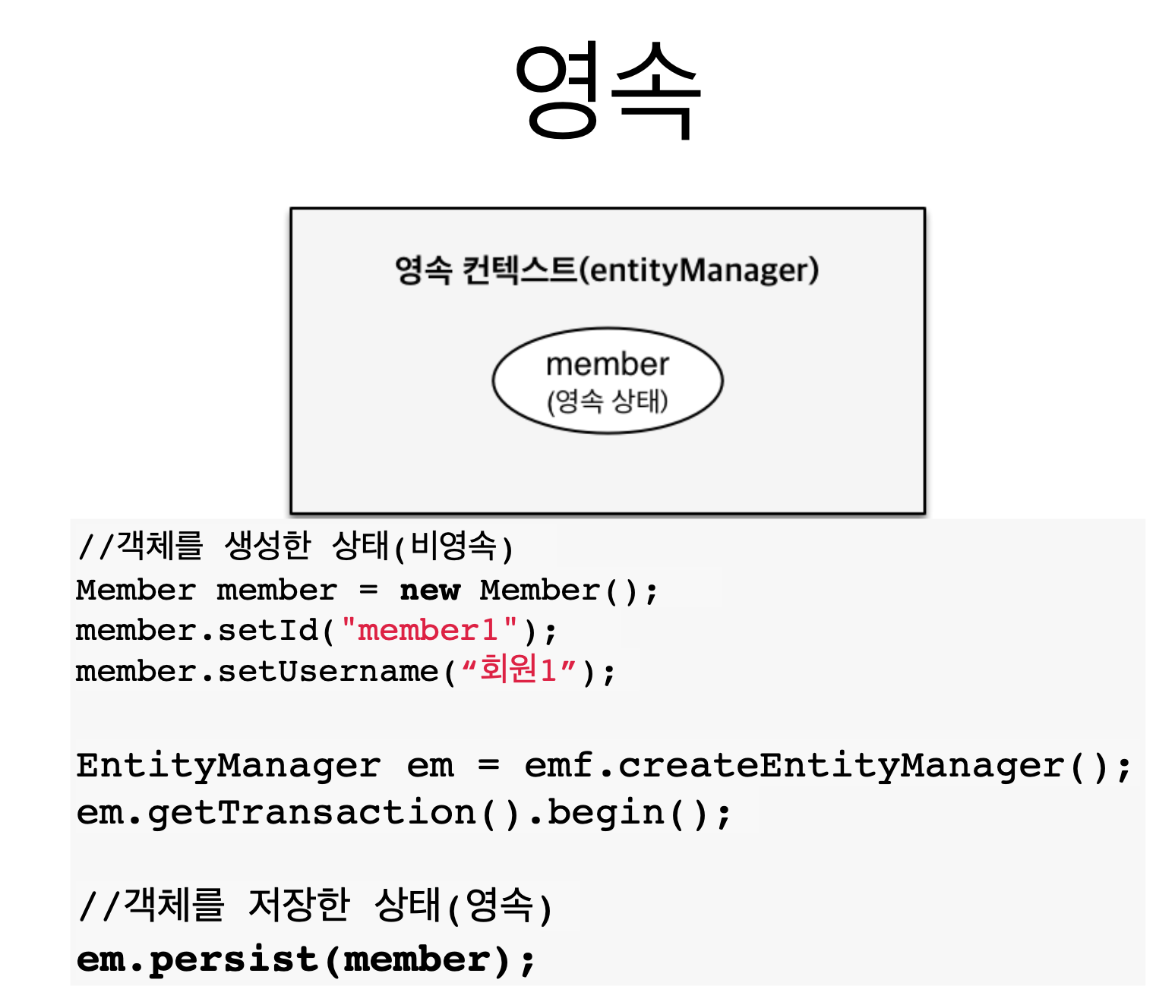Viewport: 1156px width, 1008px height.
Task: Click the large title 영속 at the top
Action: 607,91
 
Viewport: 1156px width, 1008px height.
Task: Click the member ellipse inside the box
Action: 607,380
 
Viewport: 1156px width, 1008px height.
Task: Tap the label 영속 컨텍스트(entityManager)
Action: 607,270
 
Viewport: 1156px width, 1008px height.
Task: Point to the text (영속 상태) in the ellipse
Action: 607,401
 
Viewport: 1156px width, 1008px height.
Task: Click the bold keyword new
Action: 430,590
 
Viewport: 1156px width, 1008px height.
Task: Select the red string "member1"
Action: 429,630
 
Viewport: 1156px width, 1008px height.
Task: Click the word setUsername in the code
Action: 328,671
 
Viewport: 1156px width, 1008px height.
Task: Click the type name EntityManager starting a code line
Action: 228,765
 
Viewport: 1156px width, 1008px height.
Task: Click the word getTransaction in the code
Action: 311,813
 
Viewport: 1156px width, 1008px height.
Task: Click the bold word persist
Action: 233,959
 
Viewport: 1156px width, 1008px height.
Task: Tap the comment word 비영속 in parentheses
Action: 453,545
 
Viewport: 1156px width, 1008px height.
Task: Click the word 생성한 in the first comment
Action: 268,545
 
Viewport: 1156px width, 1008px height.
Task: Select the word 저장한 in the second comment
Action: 299,904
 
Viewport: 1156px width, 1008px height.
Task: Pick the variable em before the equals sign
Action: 430,765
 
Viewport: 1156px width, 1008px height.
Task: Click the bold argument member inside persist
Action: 417,959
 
